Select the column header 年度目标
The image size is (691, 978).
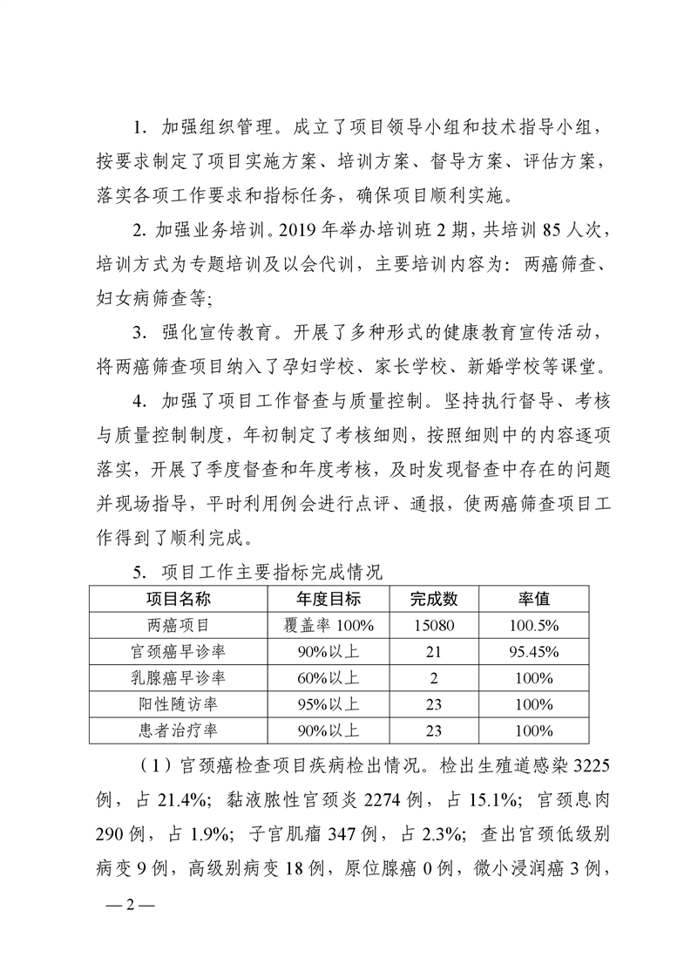click(x=329, y=600)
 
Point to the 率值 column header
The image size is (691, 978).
click(x=534, y=600)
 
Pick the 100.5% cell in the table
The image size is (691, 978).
click(x=534, y=626)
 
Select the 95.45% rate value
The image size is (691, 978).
click(x=534, y=652)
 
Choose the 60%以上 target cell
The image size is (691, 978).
click(x=329, y=678)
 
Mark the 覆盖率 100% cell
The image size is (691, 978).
click(x=329, y=626)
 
